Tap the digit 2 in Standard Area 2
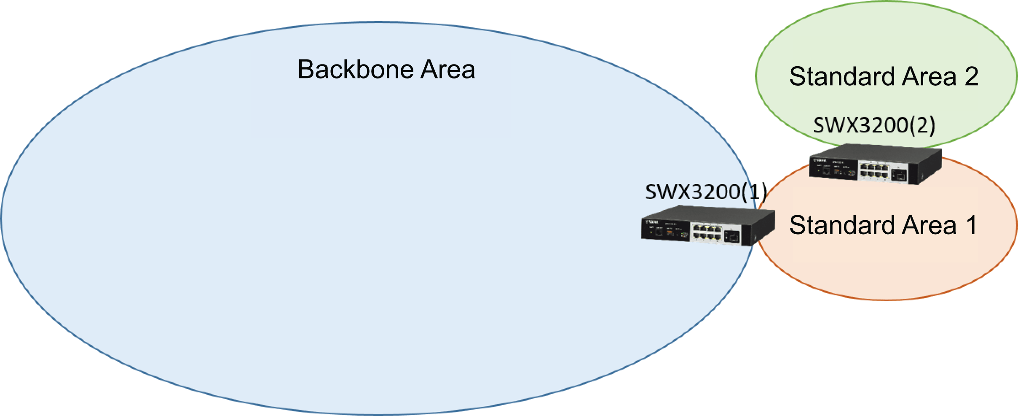pyautogui.click(x=971, y=77)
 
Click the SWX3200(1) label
pyautogui.click(x=706, y=192)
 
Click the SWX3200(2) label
pyautogui.click(x=874, y=125)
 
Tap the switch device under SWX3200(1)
pyautogui.click(x=708, y=226)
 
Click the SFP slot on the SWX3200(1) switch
pyautogui.click(x=732, y=237)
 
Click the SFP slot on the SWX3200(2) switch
pyautogui.click(x=899, y=176)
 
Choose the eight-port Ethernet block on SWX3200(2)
pyautogui.click(x=873, y=170)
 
